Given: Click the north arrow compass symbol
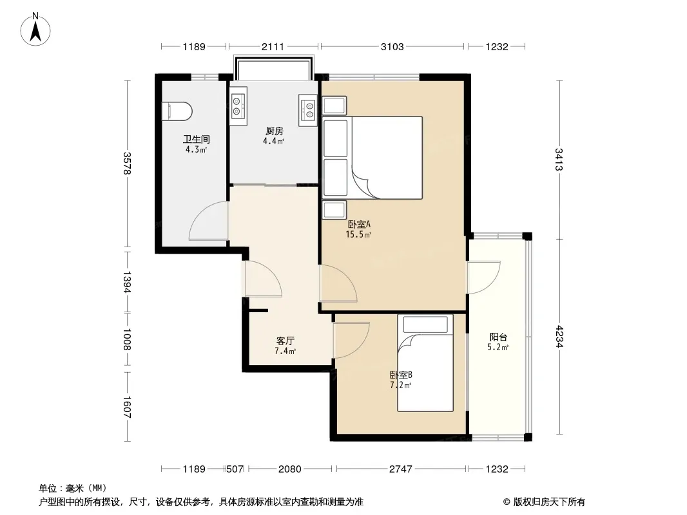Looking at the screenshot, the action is (x=35, y=30).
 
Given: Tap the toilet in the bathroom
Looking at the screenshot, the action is (x=177, y=111).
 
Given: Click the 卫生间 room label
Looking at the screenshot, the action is (x=197, y=139).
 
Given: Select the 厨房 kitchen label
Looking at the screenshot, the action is (x=275, y=131).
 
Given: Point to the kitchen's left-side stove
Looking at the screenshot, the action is (x=238, y=106).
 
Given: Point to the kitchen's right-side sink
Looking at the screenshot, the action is (x=308, y=110).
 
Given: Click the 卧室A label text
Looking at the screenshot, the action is (x=359, y=224).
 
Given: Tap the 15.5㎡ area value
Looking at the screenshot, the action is (x=358, y=234).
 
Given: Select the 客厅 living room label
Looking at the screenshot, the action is (x=285, y=341).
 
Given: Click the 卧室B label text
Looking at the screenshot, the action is (x=401, y=375).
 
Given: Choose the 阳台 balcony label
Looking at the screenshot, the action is (x=498, y=337).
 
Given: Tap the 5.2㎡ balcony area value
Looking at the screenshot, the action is (x=498, y=348).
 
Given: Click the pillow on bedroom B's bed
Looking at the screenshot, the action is (x=425, y=324).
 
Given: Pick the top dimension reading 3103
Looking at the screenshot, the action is (x=392, y=47).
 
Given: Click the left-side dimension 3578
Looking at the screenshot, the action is (x=126, y=164).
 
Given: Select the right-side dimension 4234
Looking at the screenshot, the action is (x=559, y=336).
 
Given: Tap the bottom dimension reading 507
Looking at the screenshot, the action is (x=235, y=469).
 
